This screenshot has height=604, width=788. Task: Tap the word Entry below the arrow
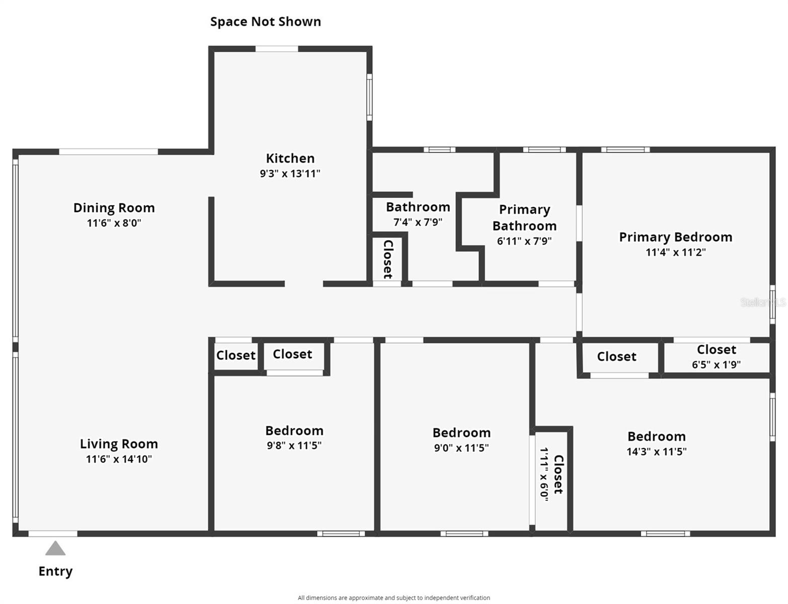[x=55, y=571]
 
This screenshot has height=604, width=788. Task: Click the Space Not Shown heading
[x=265, y=22]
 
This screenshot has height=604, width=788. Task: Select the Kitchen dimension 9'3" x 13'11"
[x=290, y=174]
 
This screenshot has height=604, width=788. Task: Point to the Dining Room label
[x=114, y=208]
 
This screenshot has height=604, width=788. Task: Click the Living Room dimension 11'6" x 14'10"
[x=119, y=459]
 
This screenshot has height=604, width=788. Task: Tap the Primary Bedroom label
[x=675, y=237]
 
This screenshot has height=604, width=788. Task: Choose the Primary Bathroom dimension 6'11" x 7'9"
[x=524, y=241]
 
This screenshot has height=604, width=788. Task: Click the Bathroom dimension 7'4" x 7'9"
[x=418, y=222]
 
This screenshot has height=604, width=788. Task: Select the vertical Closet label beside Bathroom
[x=388, y=259]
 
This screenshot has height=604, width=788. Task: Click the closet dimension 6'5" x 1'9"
[x=716, y=364]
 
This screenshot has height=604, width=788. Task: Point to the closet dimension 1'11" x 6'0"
[x=544, y=472]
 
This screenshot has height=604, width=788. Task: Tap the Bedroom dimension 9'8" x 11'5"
[x=294, y=445]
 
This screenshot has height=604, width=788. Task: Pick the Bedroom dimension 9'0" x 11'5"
[x=461, y=447]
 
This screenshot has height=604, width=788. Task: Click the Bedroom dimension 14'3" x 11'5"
[x=656, y=451]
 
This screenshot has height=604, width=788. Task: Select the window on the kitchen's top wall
[x=276, y=49]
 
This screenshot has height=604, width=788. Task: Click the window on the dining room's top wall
[x=108, y=152]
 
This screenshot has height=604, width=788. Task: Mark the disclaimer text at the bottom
[x=393, y=598]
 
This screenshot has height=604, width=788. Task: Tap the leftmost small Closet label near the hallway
[x=235, y=355]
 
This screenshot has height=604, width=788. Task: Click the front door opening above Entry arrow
[x=53, y=534]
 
